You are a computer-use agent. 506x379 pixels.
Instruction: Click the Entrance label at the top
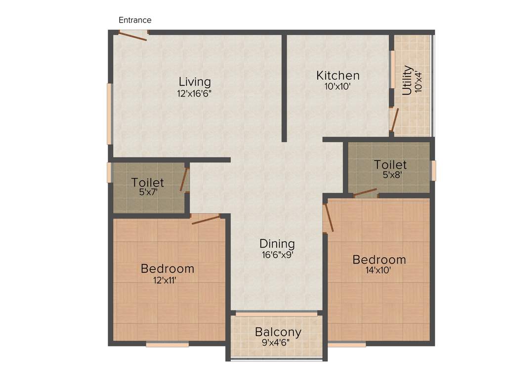pyautogui.click(x=135, y=20)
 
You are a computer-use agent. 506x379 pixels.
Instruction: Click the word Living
pyautogui.click(x=195, y=82)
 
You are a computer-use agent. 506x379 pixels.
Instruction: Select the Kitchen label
pyautogui.click(x=338, y=76)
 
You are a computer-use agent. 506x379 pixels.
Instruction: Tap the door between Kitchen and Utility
pyautogui.click(x=394, y=119)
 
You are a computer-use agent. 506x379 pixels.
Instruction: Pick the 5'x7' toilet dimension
pyautogui.click(x=148, y=193)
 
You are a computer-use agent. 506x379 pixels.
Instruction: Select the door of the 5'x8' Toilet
pyautogui.click(x=365, y=192)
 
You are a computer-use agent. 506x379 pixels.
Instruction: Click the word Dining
pyautogui.click(x=277, y=244)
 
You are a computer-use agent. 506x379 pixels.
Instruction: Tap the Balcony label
pyautogui.click(x=278, y=332)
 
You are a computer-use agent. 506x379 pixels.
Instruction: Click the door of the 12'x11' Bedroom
pyautogui.click(x=206, y=219)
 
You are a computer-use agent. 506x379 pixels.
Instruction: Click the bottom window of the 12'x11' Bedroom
pyautogui.click(x=167, y=344)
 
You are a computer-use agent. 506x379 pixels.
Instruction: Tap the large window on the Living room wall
pyautogui.click(x=110, y=114)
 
